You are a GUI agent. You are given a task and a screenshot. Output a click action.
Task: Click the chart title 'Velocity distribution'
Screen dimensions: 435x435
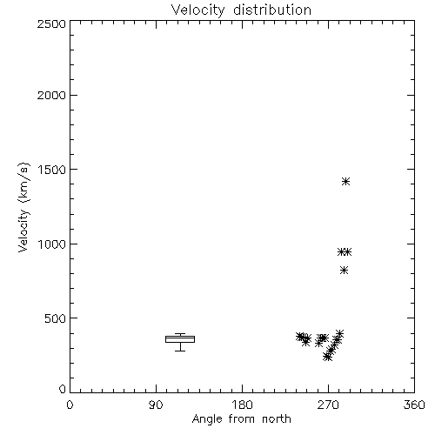(241, 10)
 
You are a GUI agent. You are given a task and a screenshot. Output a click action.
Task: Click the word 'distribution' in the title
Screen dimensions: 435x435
(272, 10)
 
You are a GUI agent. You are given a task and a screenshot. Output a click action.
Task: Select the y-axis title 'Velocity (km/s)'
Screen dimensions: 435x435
(23, 207)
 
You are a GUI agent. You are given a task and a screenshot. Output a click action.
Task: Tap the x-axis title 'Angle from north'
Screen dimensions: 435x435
(241, 419)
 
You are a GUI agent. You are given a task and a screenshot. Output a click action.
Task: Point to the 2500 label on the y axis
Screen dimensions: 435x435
(51, 23)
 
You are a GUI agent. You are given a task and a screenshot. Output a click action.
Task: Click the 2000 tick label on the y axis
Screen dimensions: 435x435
(51, 95)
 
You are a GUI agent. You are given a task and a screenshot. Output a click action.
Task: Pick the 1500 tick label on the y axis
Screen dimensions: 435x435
(52, 170)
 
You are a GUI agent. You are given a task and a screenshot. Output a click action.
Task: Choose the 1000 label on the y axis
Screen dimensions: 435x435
(52, 244)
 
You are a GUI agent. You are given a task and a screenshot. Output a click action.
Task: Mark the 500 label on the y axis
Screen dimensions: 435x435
(55, 318)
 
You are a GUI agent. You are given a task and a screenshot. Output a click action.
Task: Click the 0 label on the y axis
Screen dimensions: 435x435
(63, 389)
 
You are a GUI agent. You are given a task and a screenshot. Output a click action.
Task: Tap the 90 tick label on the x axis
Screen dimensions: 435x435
(156, 405)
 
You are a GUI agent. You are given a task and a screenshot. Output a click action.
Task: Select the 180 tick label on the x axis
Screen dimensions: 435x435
(242, 405)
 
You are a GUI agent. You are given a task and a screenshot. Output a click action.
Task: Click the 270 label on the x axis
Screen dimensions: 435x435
(328, 405)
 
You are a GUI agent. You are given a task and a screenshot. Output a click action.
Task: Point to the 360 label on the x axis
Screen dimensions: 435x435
(414, 405)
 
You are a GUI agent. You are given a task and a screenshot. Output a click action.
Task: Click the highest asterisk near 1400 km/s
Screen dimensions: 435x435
(345, 182)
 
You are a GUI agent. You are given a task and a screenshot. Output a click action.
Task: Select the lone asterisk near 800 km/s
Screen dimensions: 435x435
(344, 271)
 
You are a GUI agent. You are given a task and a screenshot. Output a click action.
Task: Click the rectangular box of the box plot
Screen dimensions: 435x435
(180, 339)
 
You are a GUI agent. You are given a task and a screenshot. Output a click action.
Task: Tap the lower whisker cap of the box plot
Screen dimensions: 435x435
(180, 351)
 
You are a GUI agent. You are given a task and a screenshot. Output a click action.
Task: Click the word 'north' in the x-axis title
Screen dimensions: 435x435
(277, 419)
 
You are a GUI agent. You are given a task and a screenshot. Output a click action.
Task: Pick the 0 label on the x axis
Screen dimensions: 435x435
(70, 405)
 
